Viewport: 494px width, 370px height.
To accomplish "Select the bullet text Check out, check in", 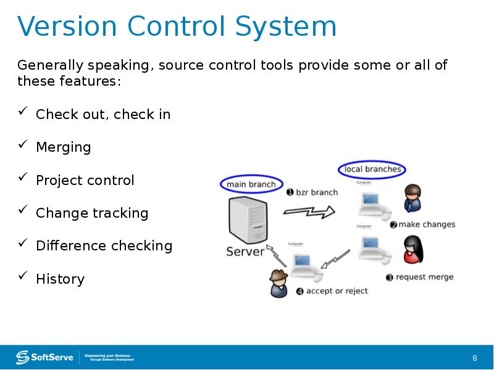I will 103,114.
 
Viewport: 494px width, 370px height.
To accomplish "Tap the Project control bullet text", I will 85,180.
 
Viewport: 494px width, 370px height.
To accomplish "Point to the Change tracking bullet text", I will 92,213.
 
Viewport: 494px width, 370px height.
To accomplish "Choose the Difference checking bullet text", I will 104,245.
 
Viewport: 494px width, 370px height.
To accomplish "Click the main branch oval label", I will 252,184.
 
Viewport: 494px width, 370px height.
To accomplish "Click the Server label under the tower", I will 245,252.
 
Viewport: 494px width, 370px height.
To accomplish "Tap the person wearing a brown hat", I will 278,284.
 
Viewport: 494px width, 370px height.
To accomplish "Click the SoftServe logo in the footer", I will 44,357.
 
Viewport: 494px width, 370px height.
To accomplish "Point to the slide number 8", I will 474,358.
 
